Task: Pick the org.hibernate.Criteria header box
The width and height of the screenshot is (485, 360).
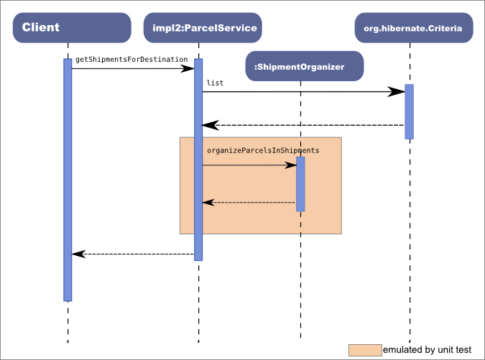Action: (414, 28)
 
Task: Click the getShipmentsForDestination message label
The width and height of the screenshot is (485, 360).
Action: (131, 58)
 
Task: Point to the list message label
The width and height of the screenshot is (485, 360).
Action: (215, 83)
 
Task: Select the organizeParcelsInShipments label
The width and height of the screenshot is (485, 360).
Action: (262, 151)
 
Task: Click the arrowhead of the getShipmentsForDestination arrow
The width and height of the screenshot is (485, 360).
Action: (188, 68)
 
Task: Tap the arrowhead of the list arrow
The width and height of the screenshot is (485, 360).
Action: (397, 91)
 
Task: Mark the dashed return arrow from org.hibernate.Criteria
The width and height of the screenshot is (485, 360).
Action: (302, 125)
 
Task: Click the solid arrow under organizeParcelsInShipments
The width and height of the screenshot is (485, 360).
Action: (248, 165)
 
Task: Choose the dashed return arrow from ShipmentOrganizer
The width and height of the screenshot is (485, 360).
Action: (248, 203)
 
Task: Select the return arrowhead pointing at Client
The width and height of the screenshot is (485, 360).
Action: (79, 254)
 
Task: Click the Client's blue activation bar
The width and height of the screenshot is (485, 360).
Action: (68, 180)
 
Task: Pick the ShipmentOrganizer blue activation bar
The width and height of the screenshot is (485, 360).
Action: (300, 184)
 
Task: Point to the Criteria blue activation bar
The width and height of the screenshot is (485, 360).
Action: (409, 111)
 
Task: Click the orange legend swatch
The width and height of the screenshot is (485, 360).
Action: (365, 350)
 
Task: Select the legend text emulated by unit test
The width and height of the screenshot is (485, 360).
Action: (427, 350)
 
